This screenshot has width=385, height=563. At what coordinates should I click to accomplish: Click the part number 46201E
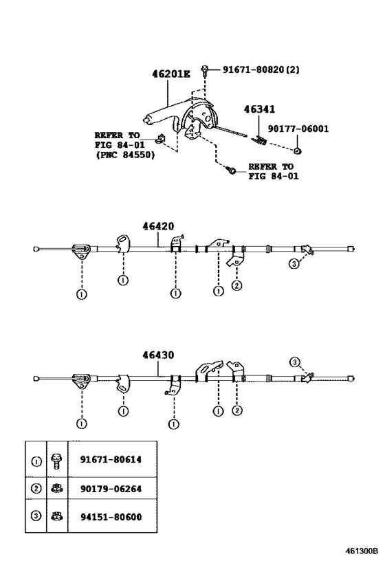tap(171, 74)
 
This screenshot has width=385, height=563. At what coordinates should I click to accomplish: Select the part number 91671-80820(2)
tap(261, 69)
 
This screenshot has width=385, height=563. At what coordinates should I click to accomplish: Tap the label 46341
tap(259, 109)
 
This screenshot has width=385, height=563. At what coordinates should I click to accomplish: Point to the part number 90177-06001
tap(298, 129)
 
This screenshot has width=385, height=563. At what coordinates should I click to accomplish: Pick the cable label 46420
tap(158, 226)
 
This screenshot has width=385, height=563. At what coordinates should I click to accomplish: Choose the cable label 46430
tap(158, 355)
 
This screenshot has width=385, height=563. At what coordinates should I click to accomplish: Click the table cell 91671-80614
tap(111, 459)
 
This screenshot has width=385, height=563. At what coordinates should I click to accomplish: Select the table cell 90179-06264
tap(111, 489)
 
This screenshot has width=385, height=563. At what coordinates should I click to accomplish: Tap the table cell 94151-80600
tap(111, 517)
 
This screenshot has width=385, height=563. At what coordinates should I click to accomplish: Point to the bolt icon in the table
tap(56, 461)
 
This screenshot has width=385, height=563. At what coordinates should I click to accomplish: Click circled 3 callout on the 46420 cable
tap(294, 264)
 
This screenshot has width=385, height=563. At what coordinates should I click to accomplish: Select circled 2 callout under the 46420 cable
tap(237, 286)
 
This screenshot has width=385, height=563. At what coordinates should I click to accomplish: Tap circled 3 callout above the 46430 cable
tap(294, 362)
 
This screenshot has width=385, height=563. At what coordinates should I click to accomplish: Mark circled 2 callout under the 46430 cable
tap(237, 410)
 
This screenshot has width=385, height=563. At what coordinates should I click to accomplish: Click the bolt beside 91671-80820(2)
tap(205, 70)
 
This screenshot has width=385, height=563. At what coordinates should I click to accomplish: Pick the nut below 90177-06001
tap(297, 151)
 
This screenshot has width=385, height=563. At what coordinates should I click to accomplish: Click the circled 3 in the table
tap(36, 516)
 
